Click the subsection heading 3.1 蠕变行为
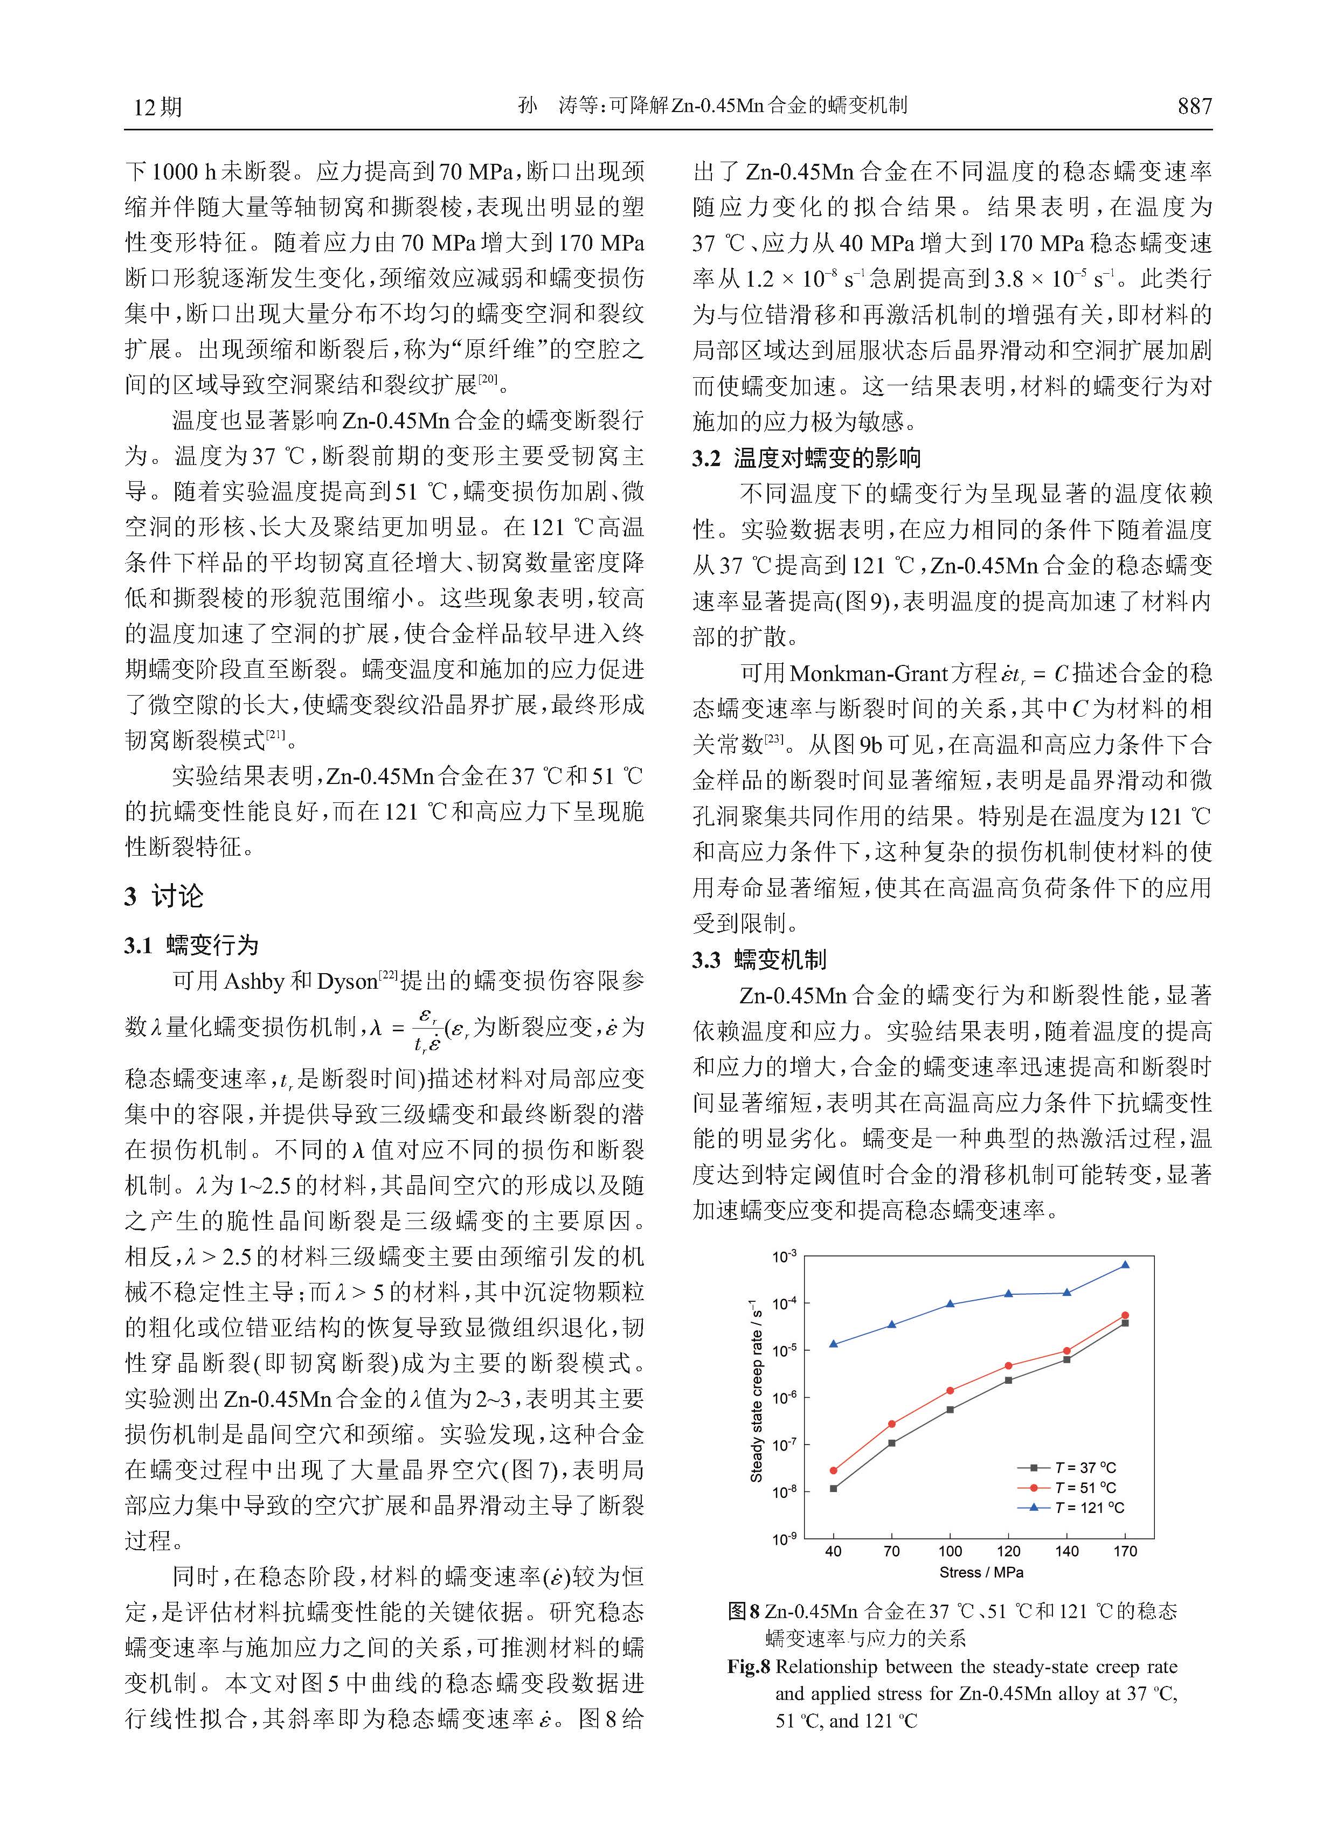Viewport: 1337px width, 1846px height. click(x=191, y=945)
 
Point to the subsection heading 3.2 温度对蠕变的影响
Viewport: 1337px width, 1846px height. click(x=806, y=458)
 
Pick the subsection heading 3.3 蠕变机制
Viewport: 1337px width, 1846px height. click(x=759, y=960)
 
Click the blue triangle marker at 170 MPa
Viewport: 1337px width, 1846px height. click(x=1125, y=1265)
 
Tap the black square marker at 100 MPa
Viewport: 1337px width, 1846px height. click(x=950, y=1410)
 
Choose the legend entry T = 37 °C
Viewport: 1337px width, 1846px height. click(x=1085, y=1468)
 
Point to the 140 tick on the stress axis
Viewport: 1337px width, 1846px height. click(x=1066, y=1551)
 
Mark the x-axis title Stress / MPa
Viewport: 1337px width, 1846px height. click(x=981, y=1572)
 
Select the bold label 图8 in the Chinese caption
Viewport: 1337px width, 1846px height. click(x=744, y=1611)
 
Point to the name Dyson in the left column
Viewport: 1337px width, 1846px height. click(x=347, y=982)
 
